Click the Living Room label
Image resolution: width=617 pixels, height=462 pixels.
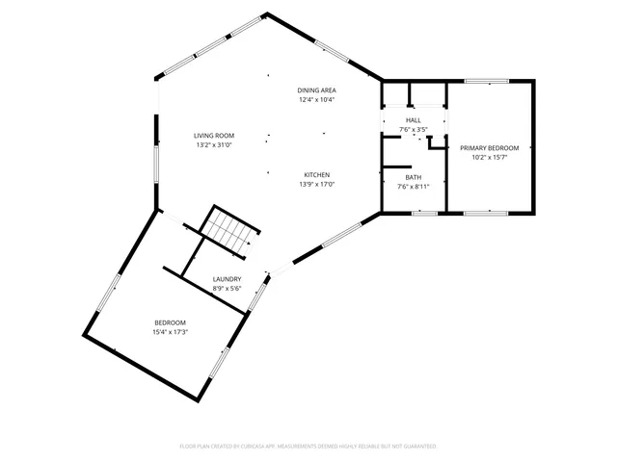coord(214,137)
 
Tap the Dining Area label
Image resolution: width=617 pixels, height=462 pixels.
coord(316,90)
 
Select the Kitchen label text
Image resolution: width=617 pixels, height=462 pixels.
coord(316,174)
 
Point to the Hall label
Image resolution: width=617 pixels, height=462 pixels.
coord(414,119)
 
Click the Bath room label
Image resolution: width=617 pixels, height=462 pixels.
coord(414,177)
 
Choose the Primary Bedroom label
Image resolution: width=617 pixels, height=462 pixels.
coord(489,147)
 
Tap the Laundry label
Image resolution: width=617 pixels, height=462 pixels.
coord(227,279)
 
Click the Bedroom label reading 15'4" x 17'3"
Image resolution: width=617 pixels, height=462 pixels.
coord(171,322)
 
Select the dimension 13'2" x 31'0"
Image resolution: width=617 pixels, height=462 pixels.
coord(214,145)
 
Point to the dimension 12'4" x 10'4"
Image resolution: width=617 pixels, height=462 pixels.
coord(316,99)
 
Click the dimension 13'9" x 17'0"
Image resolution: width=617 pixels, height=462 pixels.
coord(316,184)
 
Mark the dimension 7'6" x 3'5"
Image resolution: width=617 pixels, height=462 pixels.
coord(414,128)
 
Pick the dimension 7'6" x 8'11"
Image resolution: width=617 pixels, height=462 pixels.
coord(414,187)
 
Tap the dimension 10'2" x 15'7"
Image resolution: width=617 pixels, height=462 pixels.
coord(489,157)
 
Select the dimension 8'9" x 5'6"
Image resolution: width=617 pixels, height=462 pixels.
coord(227,288)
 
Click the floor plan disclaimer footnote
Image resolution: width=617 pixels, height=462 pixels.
coord(308,447)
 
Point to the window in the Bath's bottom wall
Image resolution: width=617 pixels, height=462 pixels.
coord(424,212)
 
